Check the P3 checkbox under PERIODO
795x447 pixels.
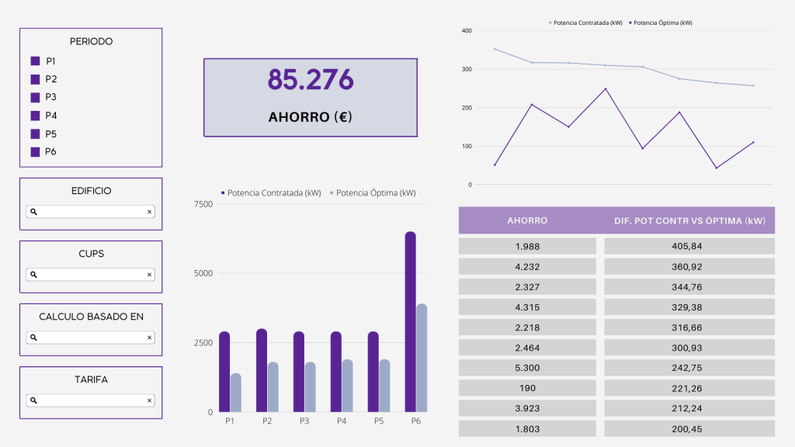tap(35, 97)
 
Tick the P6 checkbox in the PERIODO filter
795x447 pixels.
tap(35, 152)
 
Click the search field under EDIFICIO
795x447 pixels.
tap(90, 211)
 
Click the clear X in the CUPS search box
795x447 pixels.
tap(149, 275)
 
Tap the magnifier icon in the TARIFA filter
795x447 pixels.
tap(33, 400)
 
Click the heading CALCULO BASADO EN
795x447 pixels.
tap(91, 317)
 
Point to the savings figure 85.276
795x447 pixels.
tap(311, 79)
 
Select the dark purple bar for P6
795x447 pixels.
tap(410, 321)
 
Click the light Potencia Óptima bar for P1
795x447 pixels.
tap(236, 393)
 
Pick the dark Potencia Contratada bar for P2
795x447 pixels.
tap(262, 370)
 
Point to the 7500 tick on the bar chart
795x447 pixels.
tap(203, 204)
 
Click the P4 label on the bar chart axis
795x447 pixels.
tap(342, 421)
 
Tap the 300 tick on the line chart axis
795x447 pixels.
tap(465, 69)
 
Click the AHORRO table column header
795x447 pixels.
tap(527, 220)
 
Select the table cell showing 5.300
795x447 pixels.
tap(527, 367)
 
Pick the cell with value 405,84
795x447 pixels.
tap(689, 246)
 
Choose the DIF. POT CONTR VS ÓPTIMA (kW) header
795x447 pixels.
tap(689, 220)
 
